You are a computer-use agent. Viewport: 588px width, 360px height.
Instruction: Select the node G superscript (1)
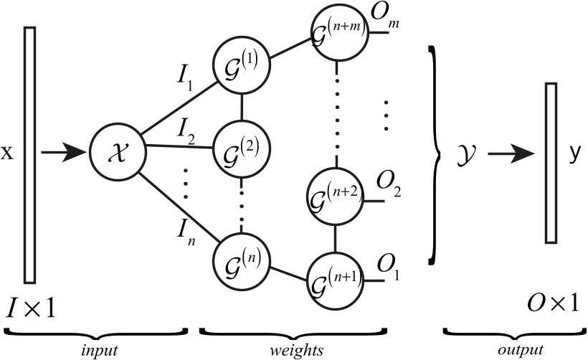point(240,66)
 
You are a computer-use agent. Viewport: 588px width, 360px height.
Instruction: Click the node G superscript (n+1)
point(335,277)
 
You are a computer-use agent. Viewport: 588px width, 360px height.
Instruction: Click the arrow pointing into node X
point(62,153)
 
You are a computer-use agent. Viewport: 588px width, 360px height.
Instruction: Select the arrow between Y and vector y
point(511,153)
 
